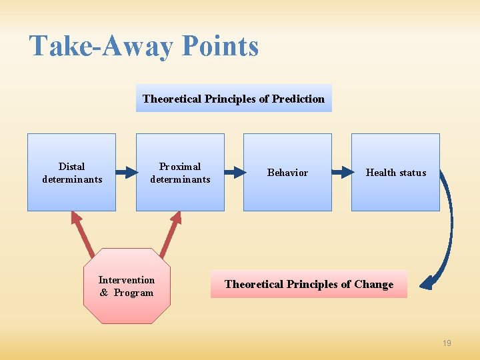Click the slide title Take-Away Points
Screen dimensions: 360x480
pyautogui.click(x=144, y=47)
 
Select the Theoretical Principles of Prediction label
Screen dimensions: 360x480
pyautogui.click(x=233, y=99)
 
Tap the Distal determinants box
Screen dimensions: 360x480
pyautogui.click(x=71, y=172)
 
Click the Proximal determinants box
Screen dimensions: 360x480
pyautogui.click(x=180, y=172)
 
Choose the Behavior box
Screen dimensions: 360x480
pyautogui.click(x=287, y=172)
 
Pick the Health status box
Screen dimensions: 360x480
pyautogui.click(x=395, y=172)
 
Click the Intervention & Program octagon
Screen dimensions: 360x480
pyautogui.click(x=127, y=286)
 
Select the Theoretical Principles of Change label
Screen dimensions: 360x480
pyautogui.click(x=309, y=284)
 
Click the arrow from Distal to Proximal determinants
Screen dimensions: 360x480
pyautogui.click(x=125, y=173)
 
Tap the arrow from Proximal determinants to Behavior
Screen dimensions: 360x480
pyautogui.click(x=234, y=173)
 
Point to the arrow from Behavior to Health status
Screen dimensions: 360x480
pyautogui.click(x=341, y=173)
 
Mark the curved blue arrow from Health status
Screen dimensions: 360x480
pyautogui.click(x=447, y=227)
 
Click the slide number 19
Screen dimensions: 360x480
pyautogui.click(x=447, y=343)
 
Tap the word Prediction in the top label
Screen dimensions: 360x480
pyautogui.click(x=299, y=99)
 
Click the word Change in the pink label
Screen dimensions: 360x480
pyautogui.click(x=373, y=284)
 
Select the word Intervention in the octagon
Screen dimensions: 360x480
pyautogui.click(x=127, y=280)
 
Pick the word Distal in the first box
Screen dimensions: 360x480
pyautogui.click(x=71, y=166)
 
